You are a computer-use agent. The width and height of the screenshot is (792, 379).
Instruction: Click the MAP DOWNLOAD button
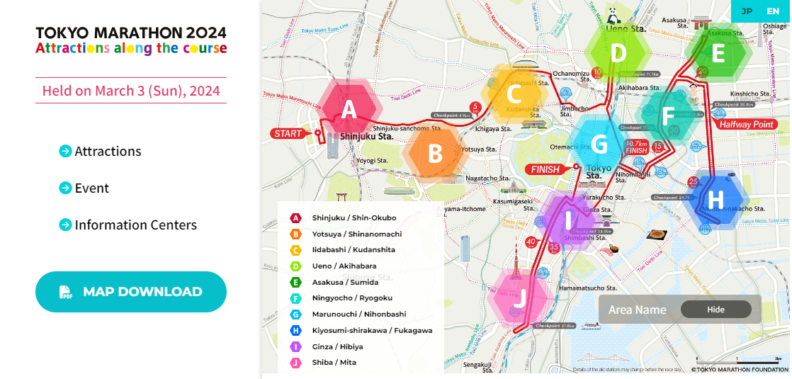(131, 292)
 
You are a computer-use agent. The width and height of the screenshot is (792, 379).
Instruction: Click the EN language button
(772, 11)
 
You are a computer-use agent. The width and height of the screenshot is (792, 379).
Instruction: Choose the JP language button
(747, 11)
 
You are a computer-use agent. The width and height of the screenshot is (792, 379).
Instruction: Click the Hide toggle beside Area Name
(715, 310)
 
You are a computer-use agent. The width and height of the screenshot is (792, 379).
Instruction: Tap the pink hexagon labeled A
(349, 110)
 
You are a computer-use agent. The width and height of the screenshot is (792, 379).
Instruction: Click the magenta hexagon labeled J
(519, 298)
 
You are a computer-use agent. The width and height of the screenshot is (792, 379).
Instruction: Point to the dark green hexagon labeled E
(718, 54)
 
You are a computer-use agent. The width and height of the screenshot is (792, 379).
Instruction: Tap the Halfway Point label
(746, 125)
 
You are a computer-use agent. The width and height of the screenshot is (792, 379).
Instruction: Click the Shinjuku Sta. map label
(366, 136)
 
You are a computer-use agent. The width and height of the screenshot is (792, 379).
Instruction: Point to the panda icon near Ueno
(611, 13)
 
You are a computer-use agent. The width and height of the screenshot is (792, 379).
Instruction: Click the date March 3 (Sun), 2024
(131, 91)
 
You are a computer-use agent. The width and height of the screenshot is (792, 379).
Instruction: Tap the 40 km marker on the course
(531, 242)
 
